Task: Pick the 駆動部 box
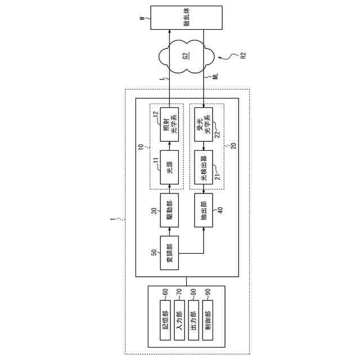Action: pyautogui.click(x=169, y=208)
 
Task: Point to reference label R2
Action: pyautogui.click(x=243, y=55)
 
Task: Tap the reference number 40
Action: pyautogui.click(x=220, y=210)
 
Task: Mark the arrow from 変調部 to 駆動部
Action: pyautogui.click(x=169, y=229)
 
